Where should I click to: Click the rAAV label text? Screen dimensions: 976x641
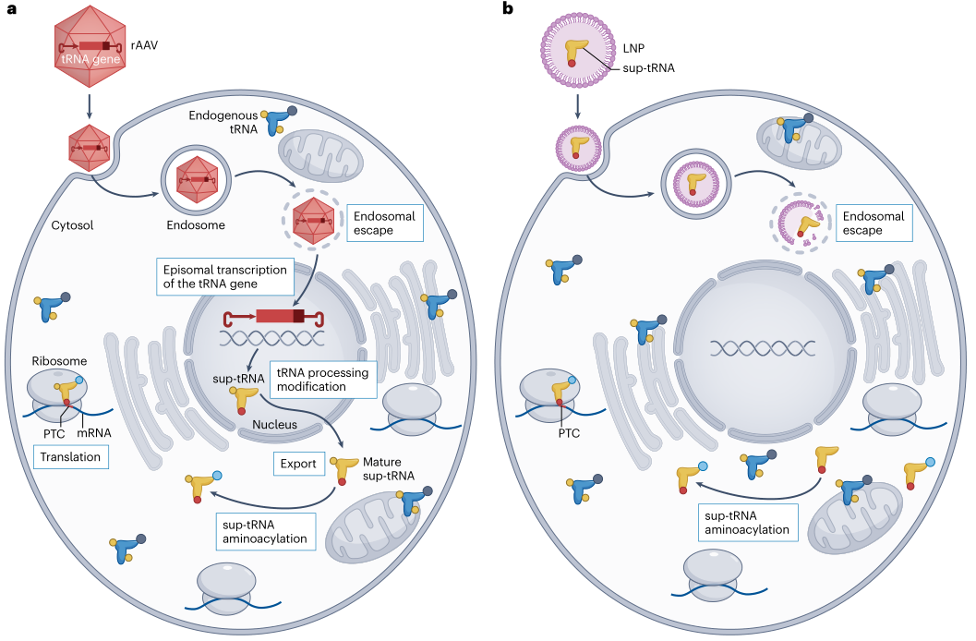click(144, 45)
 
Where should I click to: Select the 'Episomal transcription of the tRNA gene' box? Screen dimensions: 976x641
click(224, 276)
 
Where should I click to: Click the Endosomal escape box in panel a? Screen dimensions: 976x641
click(385, 223)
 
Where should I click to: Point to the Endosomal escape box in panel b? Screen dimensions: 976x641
click(874, 223)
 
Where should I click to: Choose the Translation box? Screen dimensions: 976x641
click(70, 457)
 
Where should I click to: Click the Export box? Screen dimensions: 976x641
click(298, 464)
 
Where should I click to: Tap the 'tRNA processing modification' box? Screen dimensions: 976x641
click(323, 380)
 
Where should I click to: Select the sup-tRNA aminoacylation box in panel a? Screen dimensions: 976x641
click(265, 531)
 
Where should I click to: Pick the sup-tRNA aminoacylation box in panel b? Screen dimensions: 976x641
click(747, 523)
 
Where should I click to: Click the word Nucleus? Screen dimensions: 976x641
click(274, 425)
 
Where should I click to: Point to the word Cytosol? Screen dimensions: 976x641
click(72, 225)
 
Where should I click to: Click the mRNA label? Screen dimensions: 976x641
click(94, 433)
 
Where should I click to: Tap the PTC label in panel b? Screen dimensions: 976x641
click(569, 433)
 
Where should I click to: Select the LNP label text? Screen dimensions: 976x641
click(633, 48)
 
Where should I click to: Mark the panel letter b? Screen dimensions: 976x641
click(508, 8)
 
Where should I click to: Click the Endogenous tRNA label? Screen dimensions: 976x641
click(223, 122)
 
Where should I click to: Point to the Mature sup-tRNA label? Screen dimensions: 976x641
click(389, 468)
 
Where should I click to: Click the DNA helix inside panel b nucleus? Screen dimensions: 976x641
click(763, 348)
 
